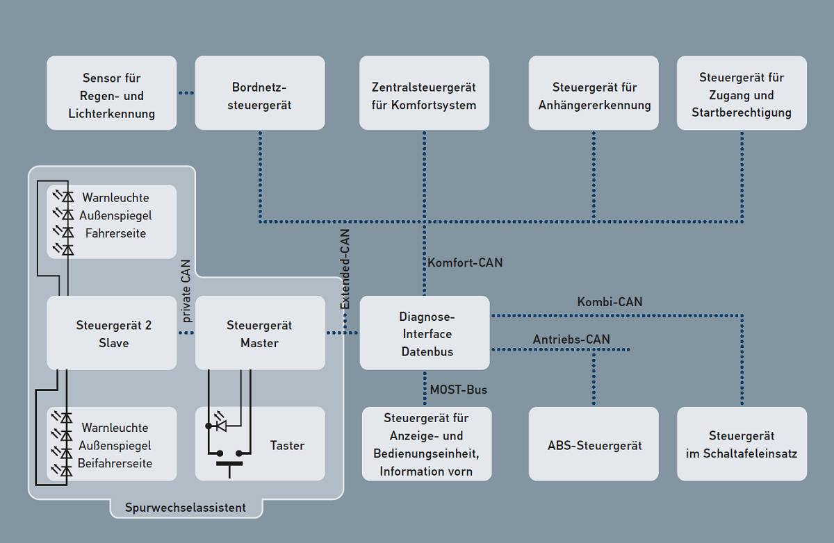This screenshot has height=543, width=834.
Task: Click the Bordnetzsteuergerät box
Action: tap(260, 93)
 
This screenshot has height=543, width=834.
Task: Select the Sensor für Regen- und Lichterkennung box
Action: tap(112, 93)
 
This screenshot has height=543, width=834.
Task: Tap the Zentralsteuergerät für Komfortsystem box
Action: tap(424, 93)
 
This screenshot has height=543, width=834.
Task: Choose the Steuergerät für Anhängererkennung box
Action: tap(594, 93)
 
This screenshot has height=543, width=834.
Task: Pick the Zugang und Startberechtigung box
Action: tap(742, 93)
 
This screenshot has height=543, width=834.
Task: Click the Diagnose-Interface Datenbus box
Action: tap(424, 333)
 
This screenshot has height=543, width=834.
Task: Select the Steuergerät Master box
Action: tap(260, 333)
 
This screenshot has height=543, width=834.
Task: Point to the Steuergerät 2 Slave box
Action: tap(112, 333)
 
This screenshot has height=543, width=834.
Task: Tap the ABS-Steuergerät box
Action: tap(594, 444)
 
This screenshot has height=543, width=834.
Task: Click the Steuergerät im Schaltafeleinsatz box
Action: tap(742, 444)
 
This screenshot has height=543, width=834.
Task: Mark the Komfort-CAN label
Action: tap(465, 263)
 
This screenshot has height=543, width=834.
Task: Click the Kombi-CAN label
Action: tap(610, 302)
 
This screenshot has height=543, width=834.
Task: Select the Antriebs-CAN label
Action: tap(571, 340)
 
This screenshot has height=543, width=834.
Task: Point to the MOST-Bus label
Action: tap(458, 390)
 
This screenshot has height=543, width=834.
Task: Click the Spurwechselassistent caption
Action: tap(186, 508)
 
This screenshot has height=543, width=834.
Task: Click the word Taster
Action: tap(287, 445)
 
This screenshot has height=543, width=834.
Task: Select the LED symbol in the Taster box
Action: tap(221, 425)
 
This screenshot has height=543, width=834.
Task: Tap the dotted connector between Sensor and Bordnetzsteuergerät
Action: tap(186, 93)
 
